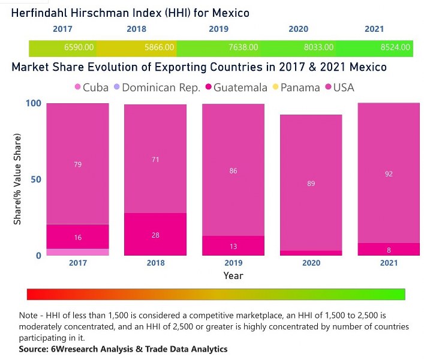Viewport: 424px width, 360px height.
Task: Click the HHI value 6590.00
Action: click(x=79, y=47)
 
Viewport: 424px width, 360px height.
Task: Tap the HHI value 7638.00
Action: click(x=242, y=47)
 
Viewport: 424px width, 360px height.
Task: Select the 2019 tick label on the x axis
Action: click(x=233, y=263)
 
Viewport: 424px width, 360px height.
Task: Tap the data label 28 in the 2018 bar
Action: click(x=155, y=235)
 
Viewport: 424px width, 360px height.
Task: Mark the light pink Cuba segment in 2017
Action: click(x=77, y=252)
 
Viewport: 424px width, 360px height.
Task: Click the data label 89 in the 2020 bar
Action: click(x=311, y=184)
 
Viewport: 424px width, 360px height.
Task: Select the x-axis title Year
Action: click(x=233, y=275)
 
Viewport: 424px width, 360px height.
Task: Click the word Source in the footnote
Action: click(x=34, y=349)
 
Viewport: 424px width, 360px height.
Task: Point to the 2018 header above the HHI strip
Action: click(x=136, y=29)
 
